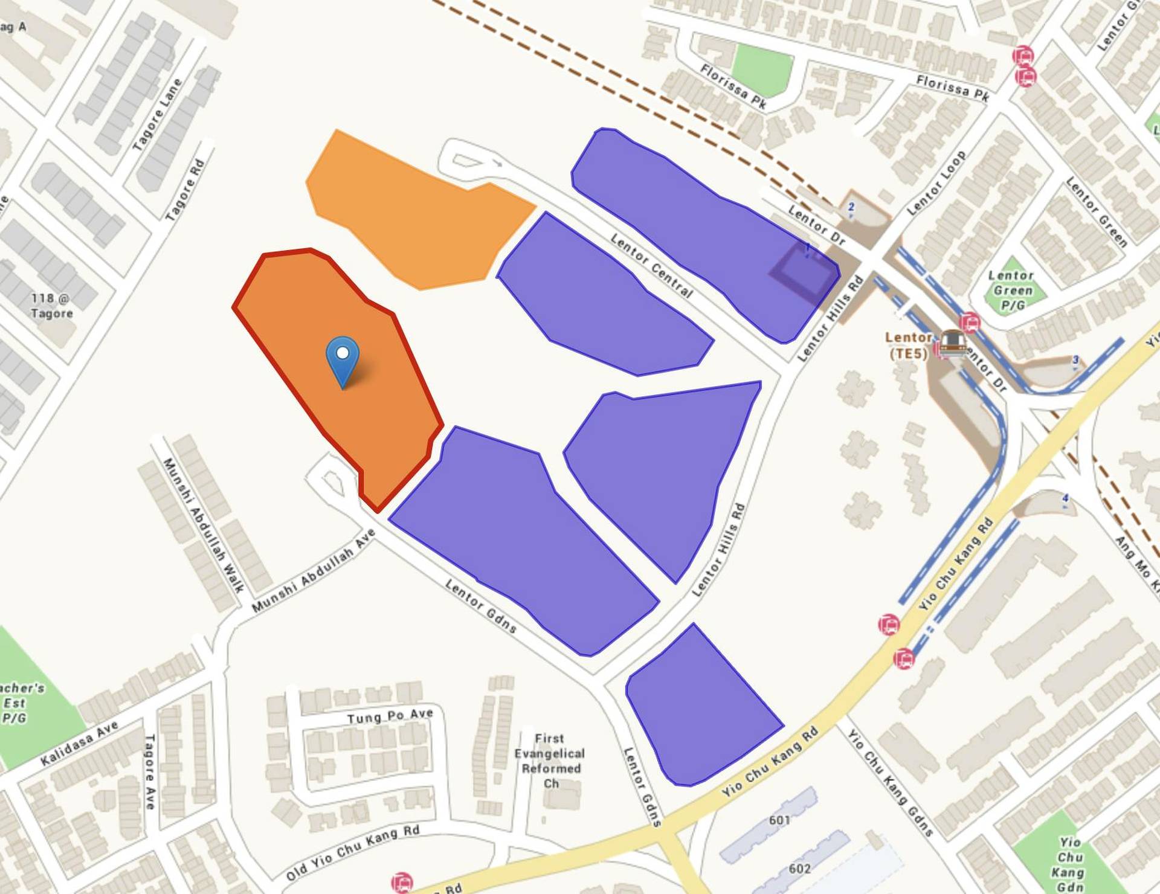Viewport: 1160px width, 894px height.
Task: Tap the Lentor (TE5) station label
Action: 909,346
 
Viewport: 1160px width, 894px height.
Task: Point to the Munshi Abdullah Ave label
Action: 314,570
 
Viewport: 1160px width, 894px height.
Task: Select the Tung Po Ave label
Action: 390,716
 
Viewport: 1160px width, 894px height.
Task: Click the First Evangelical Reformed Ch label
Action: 550,761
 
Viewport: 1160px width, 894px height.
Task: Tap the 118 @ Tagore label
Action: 52,306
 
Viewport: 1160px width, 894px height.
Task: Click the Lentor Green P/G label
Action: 1012,291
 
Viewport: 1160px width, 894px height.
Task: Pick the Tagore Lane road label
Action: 157,114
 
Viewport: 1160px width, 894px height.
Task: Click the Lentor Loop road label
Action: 936,182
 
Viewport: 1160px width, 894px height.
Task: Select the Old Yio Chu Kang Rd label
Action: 352,852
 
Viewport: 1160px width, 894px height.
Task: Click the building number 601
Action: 779,820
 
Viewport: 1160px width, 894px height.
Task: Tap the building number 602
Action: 799,868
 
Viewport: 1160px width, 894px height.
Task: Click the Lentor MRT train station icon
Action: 953,342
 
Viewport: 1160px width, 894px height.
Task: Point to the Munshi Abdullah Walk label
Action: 203,525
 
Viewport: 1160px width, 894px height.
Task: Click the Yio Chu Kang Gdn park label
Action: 1069,864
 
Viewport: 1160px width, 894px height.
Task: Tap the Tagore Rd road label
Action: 185,189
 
